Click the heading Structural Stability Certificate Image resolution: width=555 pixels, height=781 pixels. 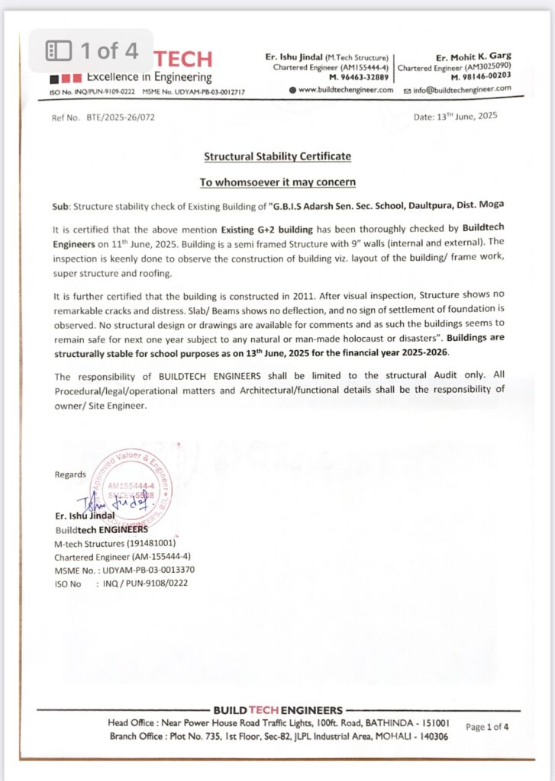277,156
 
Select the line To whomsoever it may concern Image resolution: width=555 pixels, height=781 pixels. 277,182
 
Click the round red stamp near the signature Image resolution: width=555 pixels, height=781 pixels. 131,491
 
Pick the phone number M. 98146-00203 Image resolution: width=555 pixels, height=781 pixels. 481,77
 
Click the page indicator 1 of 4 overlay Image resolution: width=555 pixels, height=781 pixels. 92,51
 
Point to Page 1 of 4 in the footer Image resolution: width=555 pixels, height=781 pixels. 487,727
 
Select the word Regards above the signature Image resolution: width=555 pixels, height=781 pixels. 70,474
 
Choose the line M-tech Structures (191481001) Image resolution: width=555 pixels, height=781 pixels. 115,543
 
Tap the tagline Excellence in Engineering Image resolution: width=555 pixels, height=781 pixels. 149,77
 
